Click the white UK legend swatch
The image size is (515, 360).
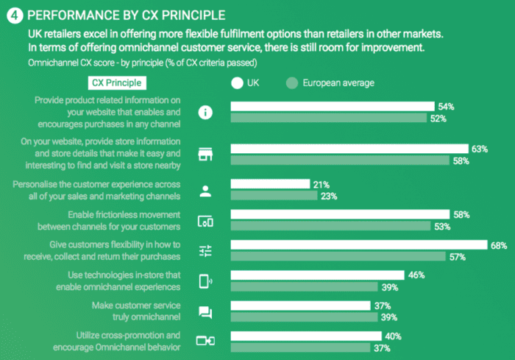coord(237,83)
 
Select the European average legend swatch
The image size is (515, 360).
coord(291,83)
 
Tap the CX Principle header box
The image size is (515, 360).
coord(116,83)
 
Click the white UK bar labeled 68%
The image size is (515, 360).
coord(358,245)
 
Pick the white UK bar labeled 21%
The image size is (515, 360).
coord(270,184)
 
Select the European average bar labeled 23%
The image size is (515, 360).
coord(274,196)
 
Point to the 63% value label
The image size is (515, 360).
coord(480,149)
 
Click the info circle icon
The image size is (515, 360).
coord(206,113)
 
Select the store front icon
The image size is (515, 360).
coord(206,155)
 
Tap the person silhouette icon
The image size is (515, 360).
coord(206,191)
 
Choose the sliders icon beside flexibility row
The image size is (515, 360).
coord(206,251)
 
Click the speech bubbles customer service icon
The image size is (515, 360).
coord(206,311)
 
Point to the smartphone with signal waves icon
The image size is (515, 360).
coord(206,280)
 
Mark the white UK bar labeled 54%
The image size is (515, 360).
coord(333,107)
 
